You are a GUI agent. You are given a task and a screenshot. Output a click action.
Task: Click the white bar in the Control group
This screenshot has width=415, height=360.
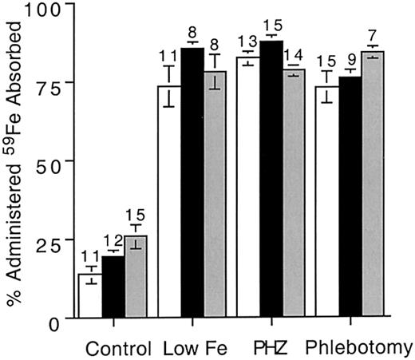click(89, 295)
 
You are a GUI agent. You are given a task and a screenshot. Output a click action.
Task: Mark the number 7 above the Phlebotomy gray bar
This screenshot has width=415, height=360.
click(375, 38)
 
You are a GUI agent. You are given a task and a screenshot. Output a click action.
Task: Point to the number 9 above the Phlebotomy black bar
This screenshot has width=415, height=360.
click(350, 57)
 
